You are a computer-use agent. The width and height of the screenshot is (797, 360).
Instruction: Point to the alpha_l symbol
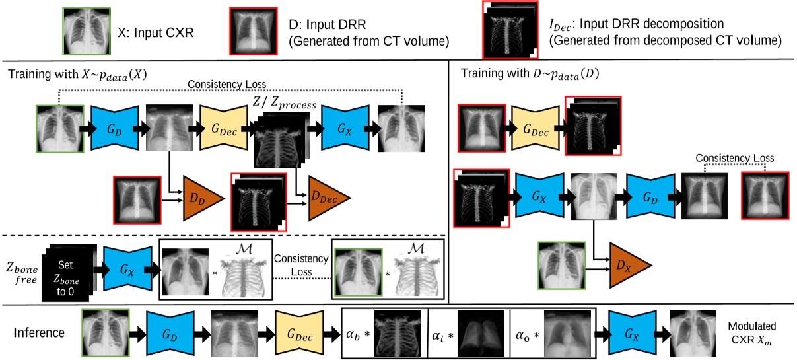tap(442, 333)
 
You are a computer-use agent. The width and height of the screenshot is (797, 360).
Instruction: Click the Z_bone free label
tap(21, 271)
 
